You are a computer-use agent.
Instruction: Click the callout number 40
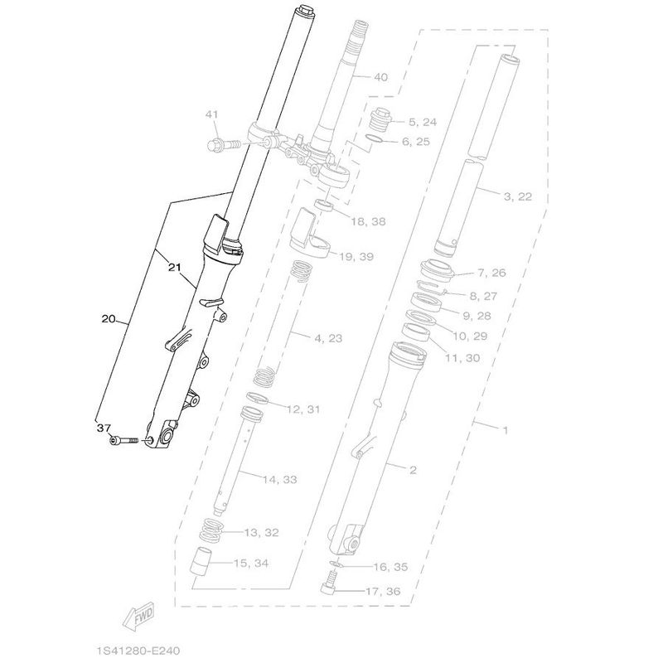coord(380,77)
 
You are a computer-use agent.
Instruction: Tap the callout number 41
coord(212,114)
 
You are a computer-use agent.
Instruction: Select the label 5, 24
coord(423,122)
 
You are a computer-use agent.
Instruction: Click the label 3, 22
coord(517,196)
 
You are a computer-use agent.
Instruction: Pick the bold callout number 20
coord(109,318)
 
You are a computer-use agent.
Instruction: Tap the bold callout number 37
coord(104,428)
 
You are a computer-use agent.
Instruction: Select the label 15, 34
coord(251,564)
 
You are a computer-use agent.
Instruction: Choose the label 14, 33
coord(279,480)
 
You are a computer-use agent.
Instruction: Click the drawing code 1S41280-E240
coord(138,650)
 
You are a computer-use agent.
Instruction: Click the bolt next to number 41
coord(224,144)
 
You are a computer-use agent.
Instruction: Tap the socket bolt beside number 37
coord(123,441)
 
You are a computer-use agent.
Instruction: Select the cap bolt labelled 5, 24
coord(380,119)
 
